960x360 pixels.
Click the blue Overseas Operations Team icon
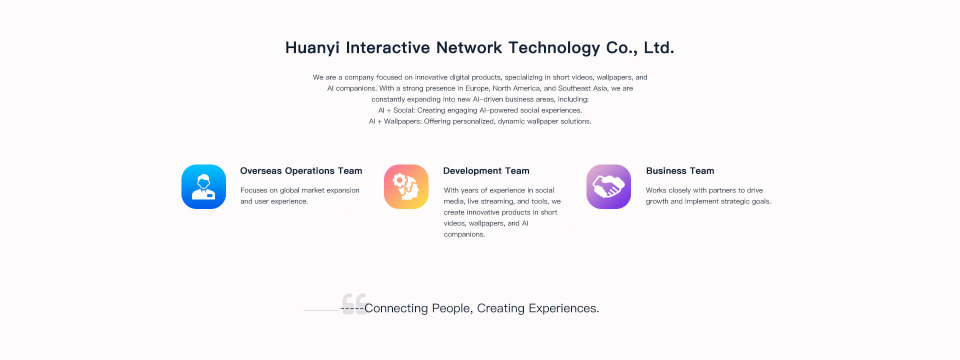[x=203, y=186]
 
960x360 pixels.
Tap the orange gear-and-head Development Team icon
[x=406, y=186]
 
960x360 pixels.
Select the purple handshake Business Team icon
[x=608, y=186]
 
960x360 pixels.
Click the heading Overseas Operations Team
[x=301, y=171]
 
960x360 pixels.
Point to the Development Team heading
[x=486, y=171]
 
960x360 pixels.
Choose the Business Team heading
[x=680, y=171]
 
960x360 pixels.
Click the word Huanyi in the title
[x=312, y=48]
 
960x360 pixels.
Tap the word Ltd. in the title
[x=659, y=48]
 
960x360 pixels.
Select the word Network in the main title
[x=469, y=48]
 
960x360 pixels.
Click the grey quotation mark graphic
[x=354, y=303]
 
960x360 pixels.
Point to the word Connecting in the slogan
[x=396, y=308]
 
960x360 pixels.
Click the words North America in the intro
[x=516, y=88]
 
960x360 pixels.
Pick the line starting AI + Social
[x=480, y=110]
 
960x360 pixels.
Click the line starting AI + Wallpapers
[x=480, y=121]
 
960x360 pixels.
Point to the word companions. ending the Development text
[x=464, y=234]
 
